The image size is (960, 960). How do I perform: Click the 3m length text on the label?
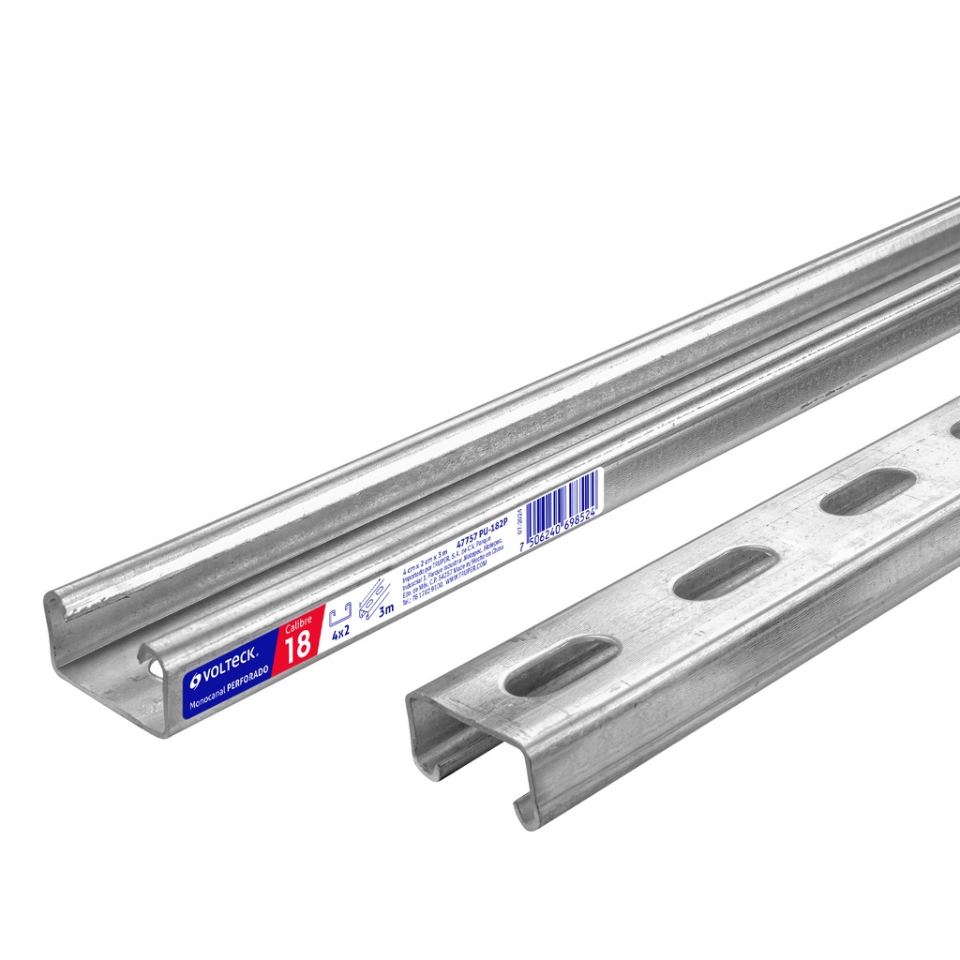point(384,611)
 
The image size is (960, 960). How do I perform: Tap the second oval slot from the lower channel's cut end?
point(725,572)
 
